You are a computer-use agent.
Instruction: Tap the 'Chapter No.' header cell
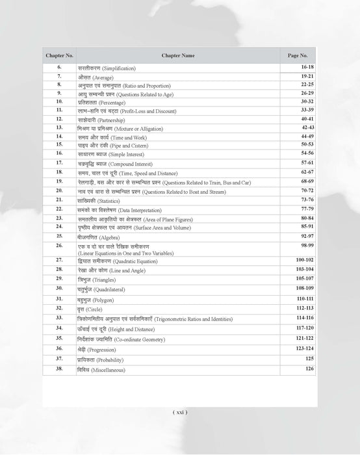pyautogui.click(x=59, y=55)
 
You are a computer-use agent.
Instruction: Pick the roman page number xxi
pyautogui.click(x=180, y=412)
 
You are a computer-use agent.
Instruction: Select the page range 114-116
pyautogui.click(x=303, y=318)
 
